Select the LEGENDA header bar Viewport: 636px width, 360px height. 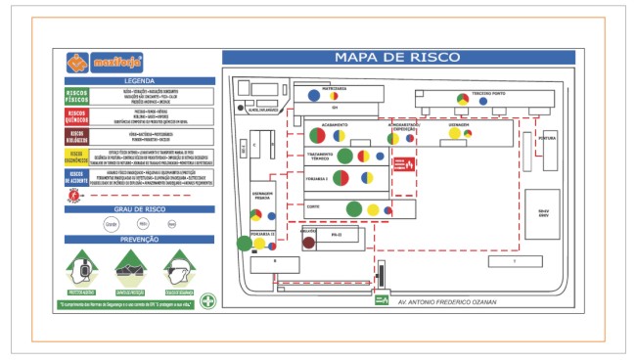(138, 80)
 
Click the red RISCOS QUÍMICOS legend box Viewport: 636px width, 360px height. (77, 115)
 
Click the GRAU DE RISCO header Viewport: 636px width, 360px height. (138, 207)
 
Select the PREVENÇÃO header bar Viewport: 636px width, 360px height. (138, 239)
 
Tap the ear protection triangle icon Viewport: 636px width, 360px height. (84, 267)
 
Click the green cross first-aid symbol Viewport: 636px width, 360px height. (208, 301)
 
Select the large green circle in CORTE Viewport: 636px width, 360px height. (354, 207)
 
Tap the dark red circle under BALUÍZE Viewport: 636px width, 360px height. (309, 242)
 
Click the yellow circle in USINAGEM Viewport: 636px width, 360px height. (456, 134)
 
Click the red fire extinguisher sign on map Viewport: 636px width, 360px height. (399, 164)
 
